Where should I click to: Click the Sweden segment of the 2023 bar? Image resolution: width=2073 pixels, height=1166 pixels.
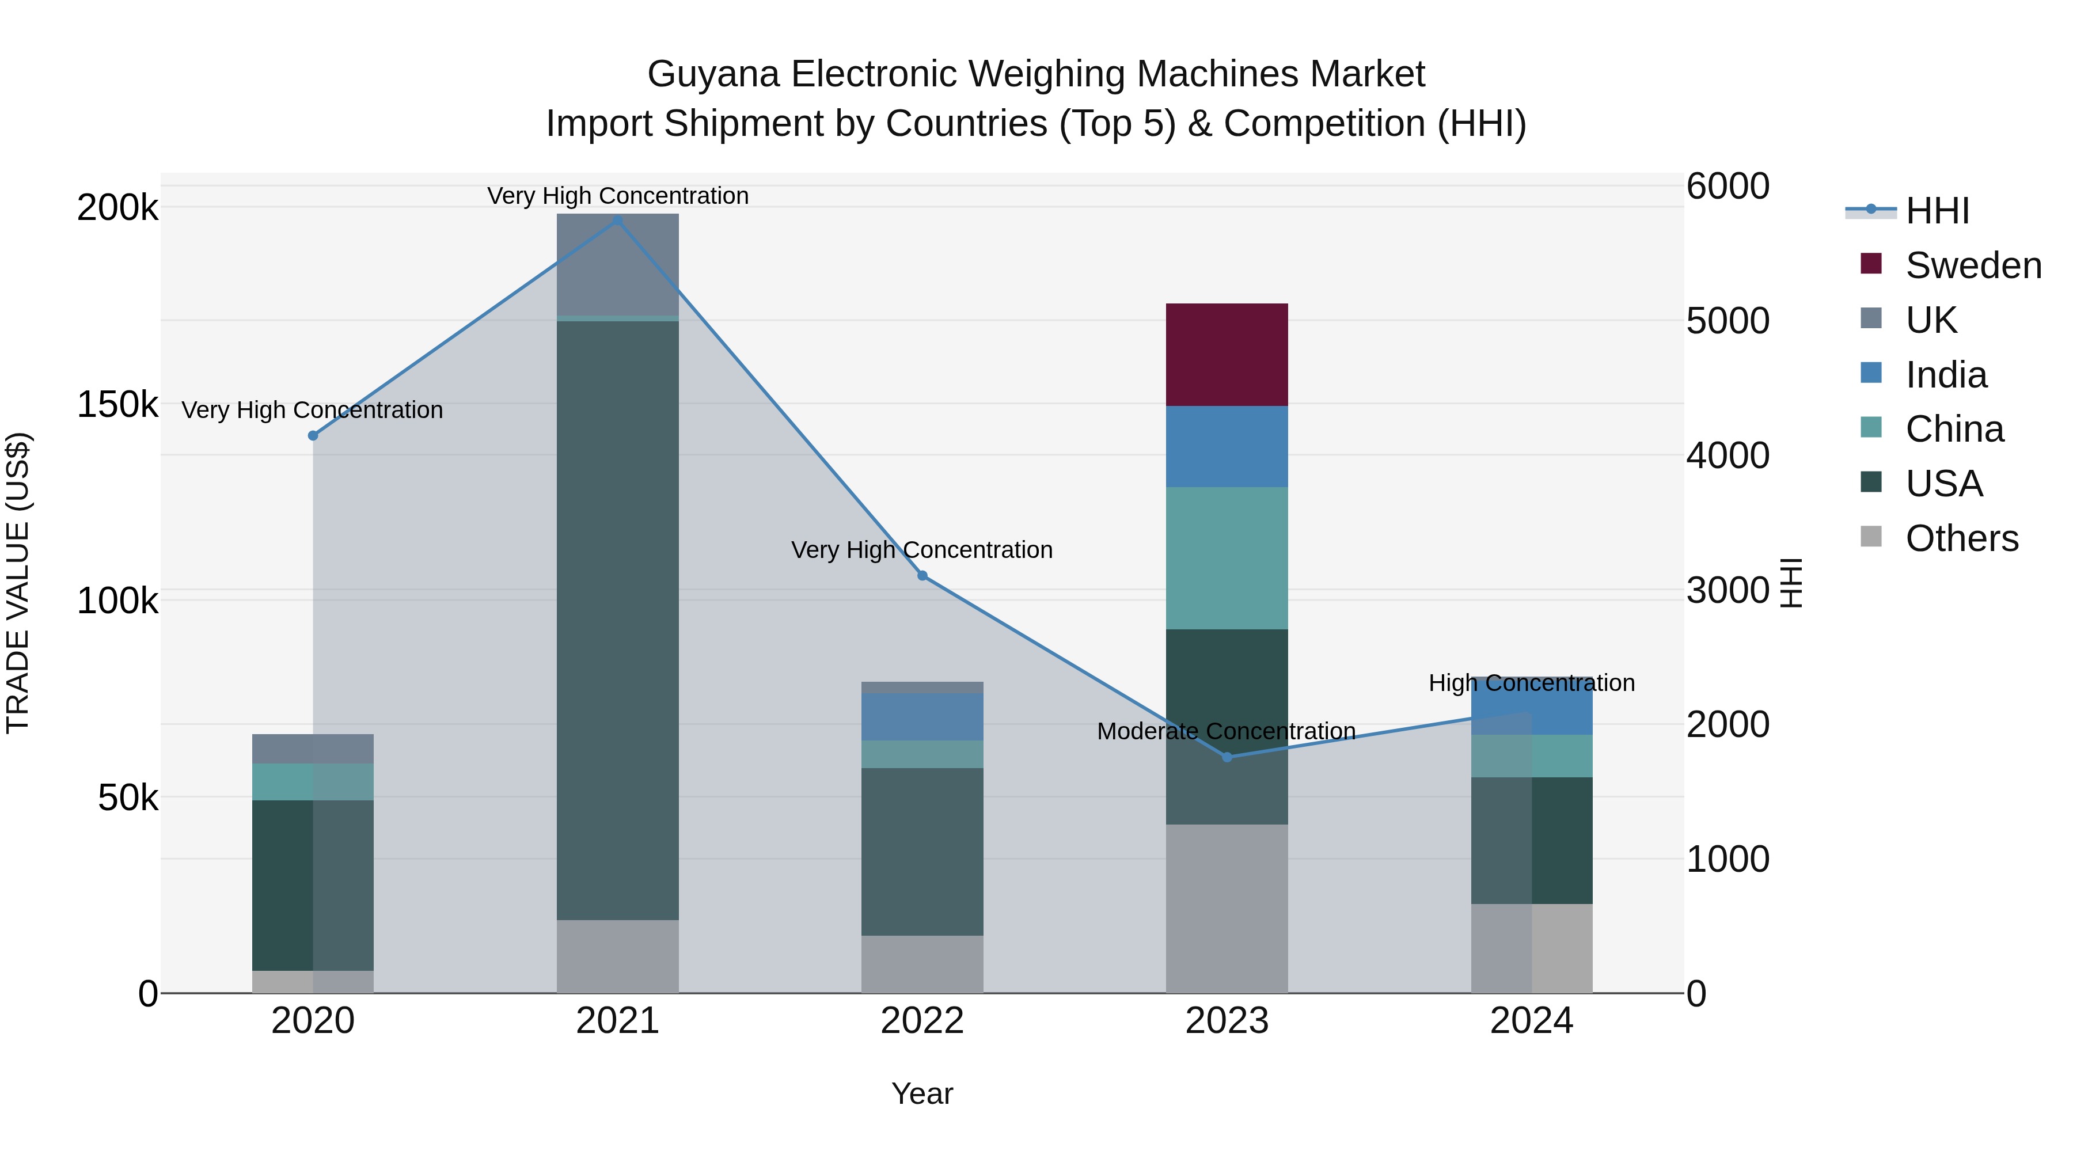pyautogui.click(x=1227, y=354)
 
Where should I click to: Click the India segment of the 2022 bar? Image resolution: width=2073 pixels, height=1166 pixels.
pyautogui.click(x=922, y=716)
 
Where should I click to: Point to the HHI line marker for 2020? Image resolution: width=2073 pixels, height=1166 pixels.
pyautogui.click(x=313, y=435)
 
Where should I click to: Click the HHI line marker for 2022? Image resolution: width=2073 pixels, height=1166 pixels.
pyautogui.click(x=922, y=575)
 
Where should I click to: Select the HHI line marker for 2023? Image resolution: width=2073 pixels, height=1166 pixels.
pyautogui.click(x=1227, y=757)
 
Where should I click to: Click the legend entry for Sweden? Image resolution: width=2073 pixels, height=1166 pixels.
pyautogui.click(x=1972, y=265)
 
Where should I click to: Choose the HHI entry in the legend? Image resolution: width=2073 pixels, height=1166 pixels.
pyautogui.click(x=1936, y=211)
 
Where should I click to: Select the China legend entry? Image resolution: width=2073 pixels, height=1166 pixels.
pyautogui.click(x=1954, y=429)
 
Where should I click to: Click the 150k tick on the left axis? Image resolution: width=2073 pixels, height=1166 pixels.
pyautogui.click(x=117, y=404)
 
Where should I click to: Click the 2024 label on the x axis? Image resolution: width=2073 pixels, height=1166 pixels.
pyautogui.click(x=1531, y=1021)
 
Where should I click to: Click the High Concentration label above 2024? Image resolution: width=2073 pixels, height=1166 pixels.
pyautogui.click(x=1531, y=682)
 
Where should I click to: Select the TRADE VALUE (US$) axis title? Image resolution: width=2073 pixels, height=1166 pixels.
pyautogui.click(x=18, y=583)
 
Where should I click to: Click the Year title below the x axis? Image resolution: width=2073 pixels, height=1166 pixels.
pyautogui.click(x=922, y=1093)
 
